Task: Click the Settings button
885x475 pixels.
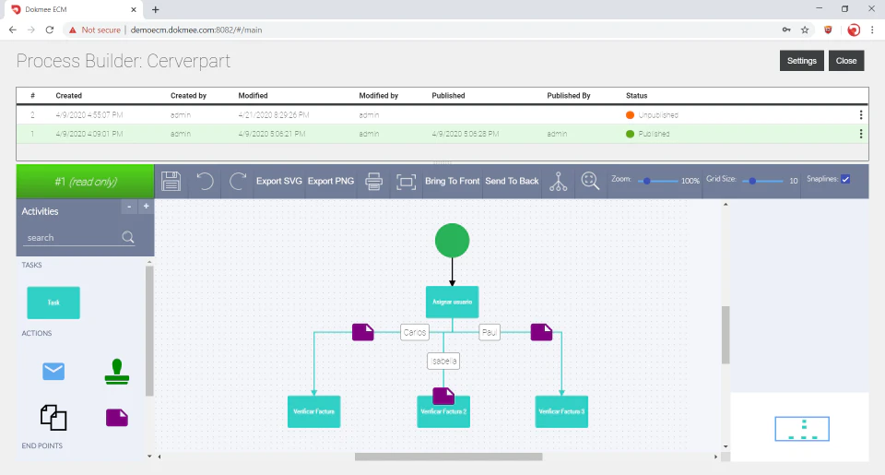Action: point(801,61)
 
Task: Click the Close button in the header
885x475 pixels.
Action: point(845,61)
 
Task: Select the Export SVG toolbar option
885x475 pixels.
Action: point(278,181)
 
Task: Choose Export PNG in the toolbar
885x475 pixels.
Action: point(331,181)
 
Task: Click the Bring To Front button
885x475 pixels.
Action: point(452,181)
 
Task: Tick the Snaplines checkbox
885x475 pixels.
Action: point(845,179)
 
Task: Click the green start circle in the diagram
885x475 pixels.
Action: point(452,241)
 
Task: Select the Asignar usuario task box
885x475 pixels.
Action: point(452,303)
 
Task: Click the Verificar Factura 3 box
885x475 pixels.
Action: point(561,411)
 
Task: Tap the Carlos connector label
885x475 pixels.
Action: point(415,332)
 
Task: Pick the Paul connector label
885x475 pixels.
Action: point(490,332)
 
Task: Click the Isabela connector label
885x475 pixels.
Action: point(443,361)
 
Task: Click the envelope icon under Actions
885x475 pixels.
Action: point(53,371)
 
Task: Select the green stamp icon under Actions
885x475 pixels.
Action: point(117,371)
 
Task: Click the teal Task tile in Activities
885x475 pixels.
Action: point(53,303)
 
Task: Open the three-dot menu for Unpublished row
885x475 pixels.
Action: point(861,115)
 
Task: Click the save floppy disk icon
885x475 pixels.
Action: point(171,181)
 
